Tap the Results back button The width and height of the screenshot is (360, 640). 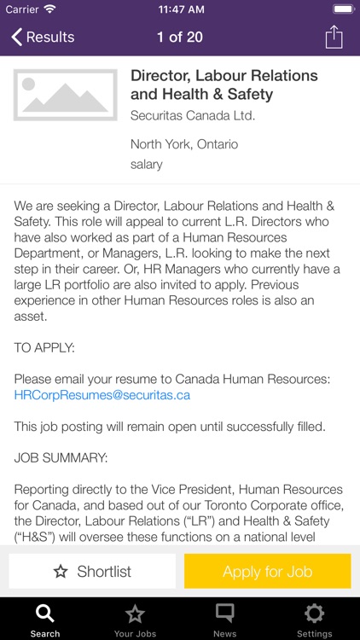tap(43, 38)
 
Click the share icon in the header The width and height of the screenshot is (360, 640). tap(334, 38)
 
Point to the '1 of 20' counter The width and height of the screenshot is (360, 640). tap(180, 38)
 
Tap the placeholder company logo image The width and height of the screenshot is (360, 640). tap(66, 95)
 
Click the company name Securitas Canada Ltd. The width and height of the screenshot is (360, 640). tap(193, 115)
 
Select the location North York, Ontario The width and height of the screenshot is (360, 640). tap(184, 144)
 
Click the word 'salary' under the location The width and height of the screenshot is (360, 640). tap(147, 164)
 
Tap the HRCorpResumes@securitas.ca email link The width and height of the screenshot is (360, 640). tap(102, 395)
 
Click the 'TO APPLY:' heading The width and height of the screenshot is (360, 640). tap(44, 347)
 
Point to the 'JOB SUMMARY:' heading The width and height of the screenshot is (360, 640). tap(61, 458)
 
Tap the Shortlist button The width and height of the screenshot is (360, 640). tap(92, 572)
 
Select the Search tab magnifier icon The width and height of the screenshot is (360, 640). tap(45, 614)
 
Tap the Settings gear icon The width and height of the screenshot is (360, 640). tap(315, 614)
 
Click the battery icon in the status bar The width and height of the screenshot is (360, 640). tap(343, 9)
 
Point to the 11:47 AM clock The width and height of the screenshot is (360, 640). tap(180, 9)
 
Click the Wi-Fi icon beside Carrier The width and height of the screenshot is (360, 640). tap(49, 9)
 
